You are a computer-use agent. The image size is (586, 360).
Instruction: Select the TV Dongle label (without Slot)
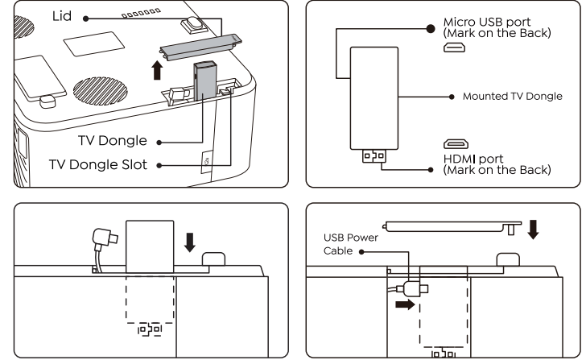(113, 141)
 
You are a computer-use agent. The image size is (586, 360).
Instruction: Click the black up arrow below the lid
(156, 68)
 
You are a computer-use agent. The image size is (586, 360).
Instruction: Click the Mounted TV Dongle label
(512, 96)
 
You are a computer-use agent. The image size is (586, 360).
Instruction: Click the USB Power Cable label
(350, 244)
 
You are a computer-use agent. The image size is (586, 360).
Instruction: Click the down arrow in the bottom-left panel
(191, 241)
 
